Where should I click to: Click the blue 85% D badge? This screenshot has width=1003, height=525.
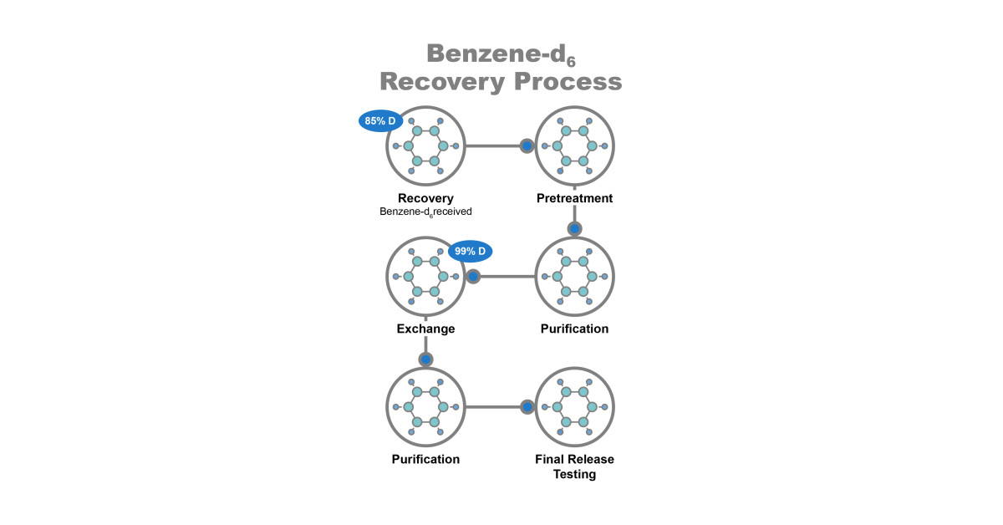[381, 121]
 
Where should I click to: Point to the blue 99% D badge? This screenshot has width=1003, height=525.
[471, 251]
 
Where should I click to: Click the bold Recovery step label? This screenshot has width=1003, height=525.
[425, 198]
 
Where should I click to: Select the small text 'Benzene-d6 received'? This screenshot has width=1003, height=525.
[425, 212]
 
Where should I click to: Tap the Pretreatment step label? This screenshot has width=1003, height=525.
[574, 198]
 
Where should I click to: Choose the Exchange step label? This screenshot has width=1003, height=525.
[425, 329]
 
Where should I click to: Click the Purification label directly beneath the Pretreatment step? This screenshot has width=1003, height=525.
[574, 329]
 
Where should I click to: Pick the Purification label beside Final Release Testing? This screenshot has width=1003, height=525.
[425, 459]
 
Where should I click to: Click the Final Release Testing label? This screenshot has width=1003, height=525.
[574, 466]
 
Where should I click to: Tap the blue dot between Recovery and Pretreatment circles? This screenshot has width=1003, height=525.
[527, 145]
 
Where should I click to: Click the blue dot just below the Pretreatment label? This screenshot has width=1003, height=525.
[574, 228]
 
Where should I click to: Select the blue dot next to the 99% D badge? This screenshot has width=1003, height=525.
[472, 276]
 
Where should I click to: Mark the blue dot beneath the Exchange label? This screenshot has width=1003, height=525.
[425, 359]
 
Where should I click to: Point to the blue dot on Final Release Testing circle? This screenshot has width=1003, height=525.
[527, 407]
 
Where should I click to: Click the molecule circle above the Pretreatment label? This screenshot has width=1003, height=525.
[575, 145]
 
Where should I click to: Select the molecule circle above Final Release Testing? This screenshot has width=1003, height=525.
[575, 407]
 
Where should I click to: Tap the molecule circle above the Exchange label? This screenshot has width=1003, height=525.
[425, 276]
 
